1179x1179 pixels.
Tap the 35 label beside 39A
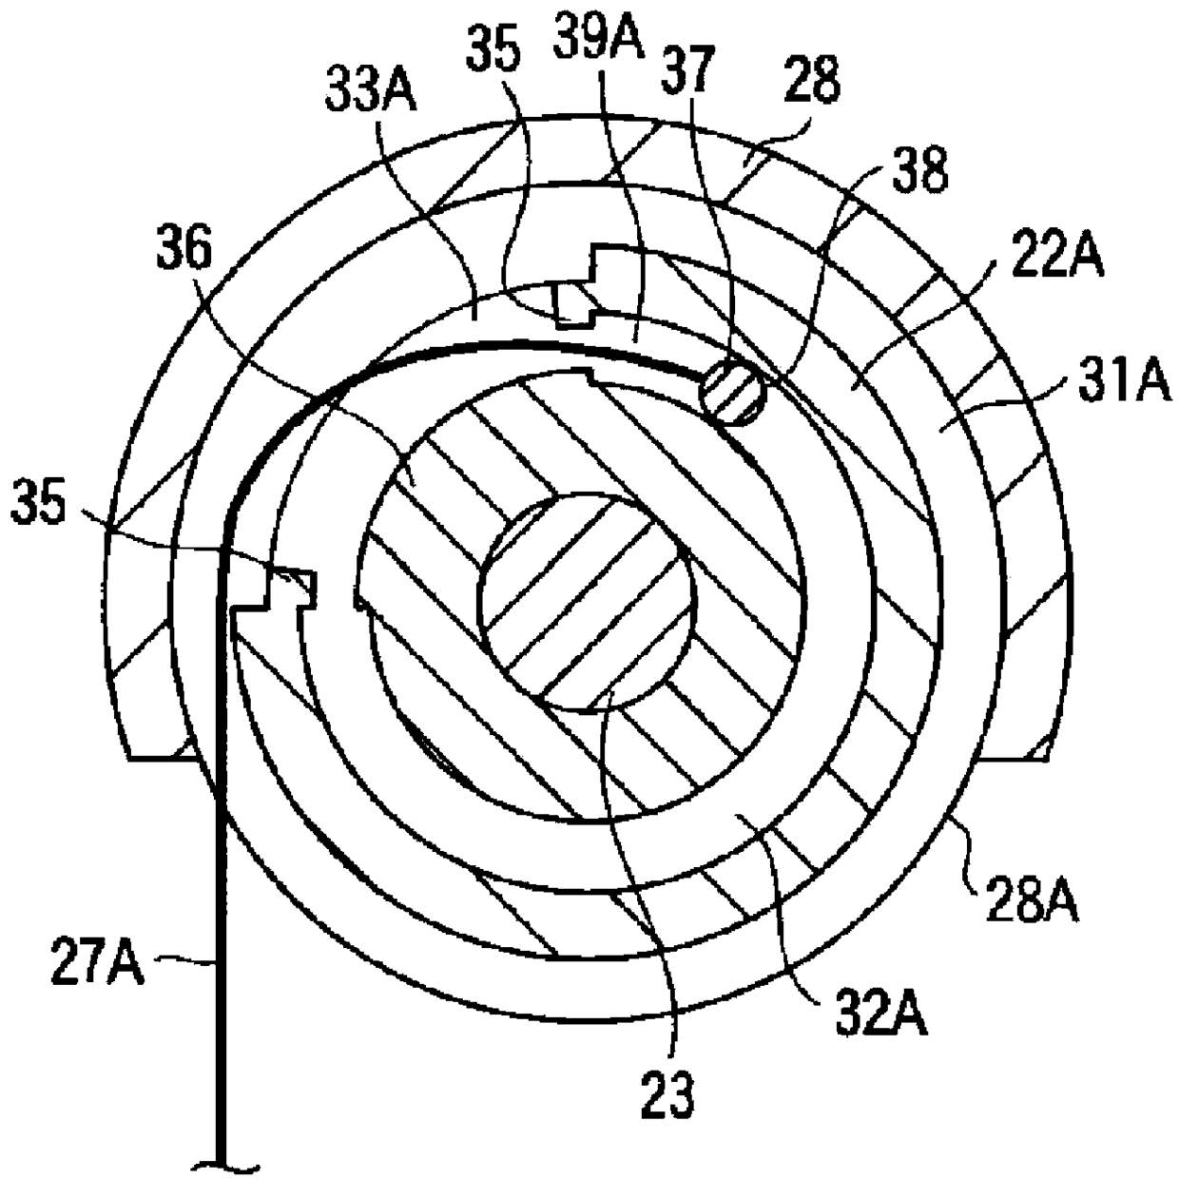pos(493,54)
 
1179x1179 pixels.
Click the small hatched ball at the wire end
pos(732,394)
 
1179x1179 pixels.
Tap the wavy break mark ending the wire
pos(225,1162)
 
